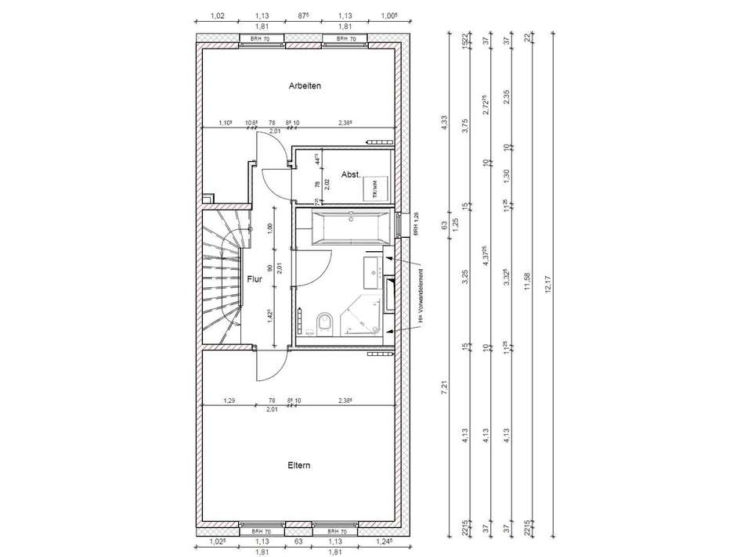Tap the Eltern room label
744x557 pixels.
point(299,465)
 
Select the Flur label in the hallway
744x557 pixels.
point(255,278)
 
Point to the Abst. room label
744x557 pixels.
point(350,175)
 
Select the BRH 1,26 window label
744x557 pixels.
point(417,225)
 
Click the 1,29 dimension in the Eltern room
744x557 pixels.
point(229,401)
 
